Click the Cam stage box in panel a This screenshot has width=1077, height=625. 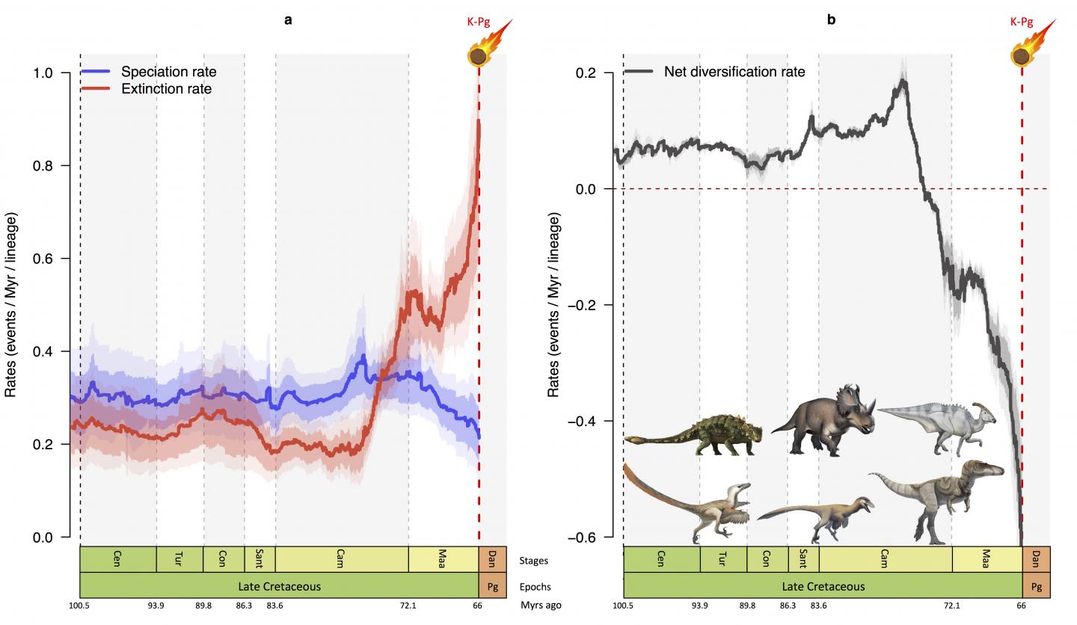pyautogui.click(x=341, y=559)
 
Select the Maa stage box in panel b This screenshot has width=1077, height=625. pyautogui.click(x=987, y=559)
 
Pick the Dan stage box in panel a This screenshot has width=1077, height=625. pyautogui.click(x=492, y=559)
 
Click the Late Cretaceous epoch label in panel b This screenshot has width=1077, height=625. pyautogui.click(x=823, y=587)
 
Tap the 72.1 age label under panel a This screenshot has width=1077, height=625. pyautogui.click(x=408, y=606)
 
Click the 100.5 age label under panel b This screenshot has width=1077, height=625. pyautogui.click(x=623, y=606)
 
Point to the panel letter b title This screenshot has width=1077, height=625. pyautogui.click(x=831, y=20)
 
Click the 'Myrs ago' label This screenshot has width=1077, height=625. pyautogui.click(x=541, y=606)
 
